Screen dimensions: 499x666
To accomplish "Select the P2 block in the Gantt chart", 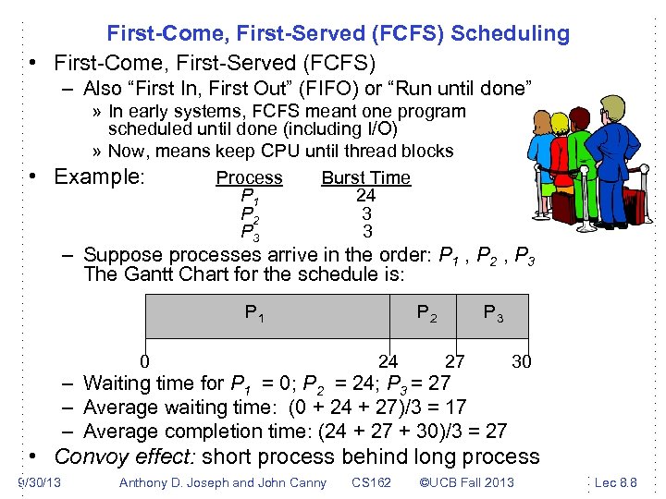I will click(426, 316).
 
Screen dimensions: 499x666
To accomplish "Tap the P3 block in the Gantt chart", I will click(494, 316).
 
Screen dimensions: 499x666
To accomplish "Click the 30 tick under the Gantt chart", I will click(522, 361).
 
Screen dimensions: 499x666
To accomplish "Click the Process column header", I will click(249, 177).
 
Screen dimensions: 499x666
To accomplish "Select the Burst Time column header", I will click(365, 177).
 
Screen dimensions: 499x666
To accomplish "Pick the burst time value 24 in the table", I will click(365, 196).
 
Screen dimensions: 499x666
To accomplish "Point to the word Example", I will click(100, 176).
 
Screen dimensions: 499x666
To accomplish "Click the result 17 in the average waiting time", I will click(454, 408).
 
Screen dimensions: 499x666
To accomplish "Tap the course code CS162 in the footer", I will click(371, 482).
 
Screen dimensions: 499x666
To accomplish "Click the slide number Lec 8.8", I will click(615, 482).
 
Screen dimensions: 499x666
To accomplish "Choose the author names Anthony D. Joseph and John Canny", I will click(223, 482).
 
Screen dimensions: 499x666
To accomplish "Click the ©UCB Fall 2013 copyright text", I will click(466, 482).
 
